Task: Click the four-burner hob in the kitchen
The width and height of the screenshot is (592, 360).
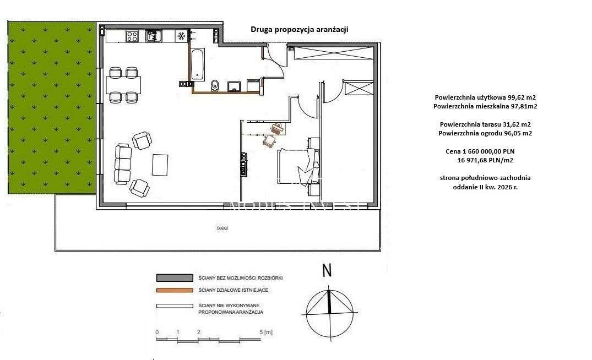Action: click(132, 36)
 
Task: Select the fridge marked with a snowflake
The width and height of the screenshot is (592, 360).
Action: click(180, 36)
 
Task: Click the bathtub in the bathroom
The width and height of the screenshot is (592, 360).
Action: click(197, 64)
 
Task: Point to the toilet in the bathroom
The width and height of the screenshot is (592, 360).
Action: click(215, 85)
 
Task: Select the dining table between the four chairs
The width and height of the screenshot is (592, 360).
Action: click(123, 85)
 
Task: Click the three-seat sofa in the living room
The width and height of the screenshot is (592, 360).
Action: click(123, 163)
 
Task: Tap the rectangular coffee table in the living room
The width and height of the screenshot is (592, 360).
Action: click(160, 163)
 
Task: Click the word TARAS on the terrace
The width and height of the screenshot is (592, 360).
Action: click(222, 227)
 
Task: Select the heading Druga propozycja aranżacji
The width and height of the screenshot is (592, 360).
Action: click(300, 30)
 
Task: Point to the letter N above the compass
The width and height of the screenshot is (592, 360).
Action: click(327, 271)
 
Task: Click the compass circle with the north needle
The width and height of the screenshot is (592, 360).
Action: click(329, 312)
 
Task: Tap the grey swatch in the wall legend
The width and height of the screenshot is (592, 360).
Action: click(173, 278)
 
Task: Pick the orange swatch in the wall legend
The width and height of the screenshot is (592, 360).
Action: click(173, 290)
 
